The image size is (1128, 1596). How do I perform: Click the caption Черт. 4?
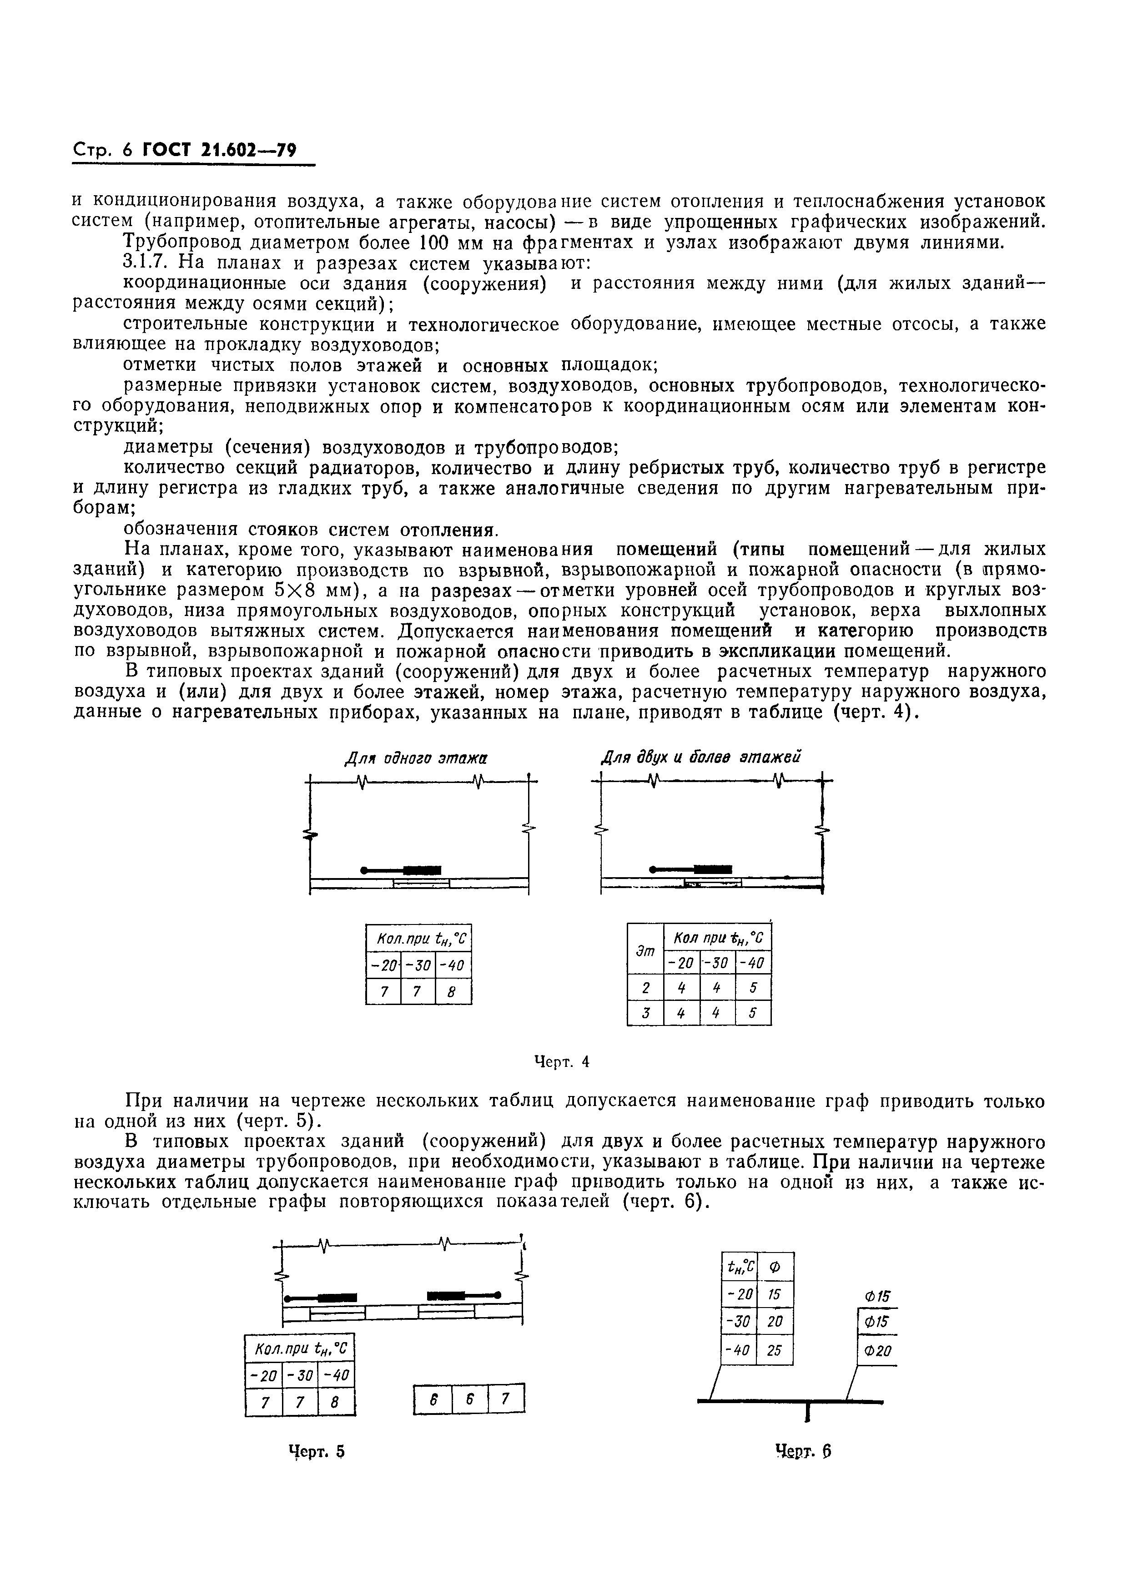562,1061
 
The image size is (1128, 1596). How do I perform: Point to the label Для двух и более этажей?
700,757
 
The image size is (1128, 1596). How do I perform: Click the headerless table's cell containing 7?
505,1399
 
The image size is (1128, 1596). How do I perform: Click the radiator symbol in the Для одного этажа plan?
422,869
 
